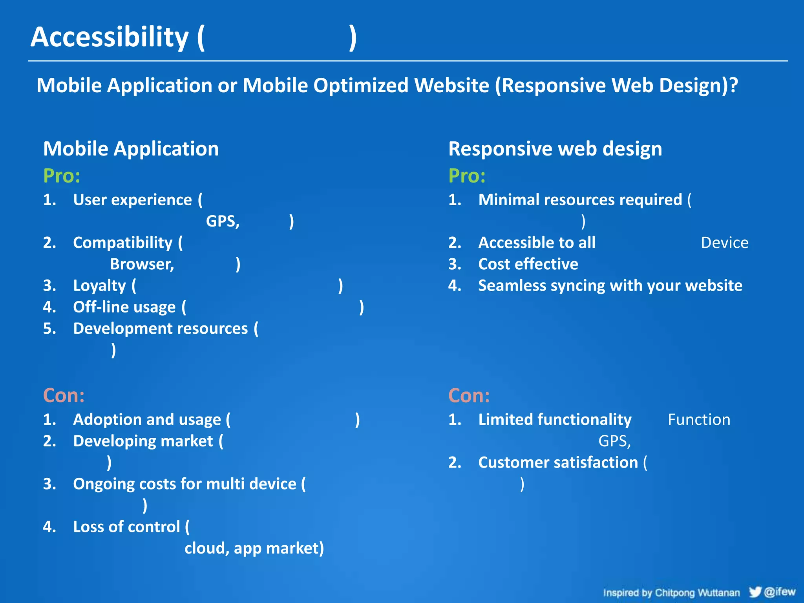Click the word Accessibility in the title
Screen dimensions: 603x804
[x=110, y=37]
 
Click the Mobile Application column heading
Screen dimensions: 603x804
[x=131, y=149]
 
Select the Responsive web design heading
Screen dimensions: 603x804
[x=555, y=149]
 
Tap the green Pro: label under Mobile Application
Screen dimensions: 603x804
[x=62, y=175]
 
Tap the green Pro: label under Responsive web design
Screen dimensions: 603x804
[x=467, y=175]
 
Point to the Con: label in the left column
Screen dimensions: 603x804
[x=64, y=395]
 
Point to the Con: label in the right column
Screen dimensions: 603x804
[x=469, y=395]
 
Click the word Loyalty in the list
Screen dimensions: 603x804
[x=99, y=285]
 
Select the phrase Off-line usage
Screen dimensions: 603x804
[x=124, y=307]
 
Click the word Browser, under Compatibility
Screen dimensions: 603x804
[x=142, y=264]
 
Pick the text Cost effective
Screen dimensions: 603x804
[x=528, y=264]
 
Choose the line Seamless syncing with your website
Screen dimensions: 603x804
[x=610, y=285]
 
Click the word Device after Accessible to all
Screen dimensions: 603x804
[x=724, y=243]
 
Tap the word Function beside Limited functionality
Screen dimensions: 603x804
[x=699, y=420]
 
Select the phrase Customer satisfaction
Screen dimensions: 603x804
[x=558, y=462]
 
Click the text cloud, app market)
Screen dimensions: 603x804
[x=254, y=548]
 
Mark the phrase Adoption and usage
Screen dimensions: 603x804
[x=147, y=420]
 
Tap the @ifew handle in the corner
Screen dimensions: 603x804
[x=780, y=591]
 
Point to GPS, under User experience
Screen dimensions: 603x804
[x=223, y=221]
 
